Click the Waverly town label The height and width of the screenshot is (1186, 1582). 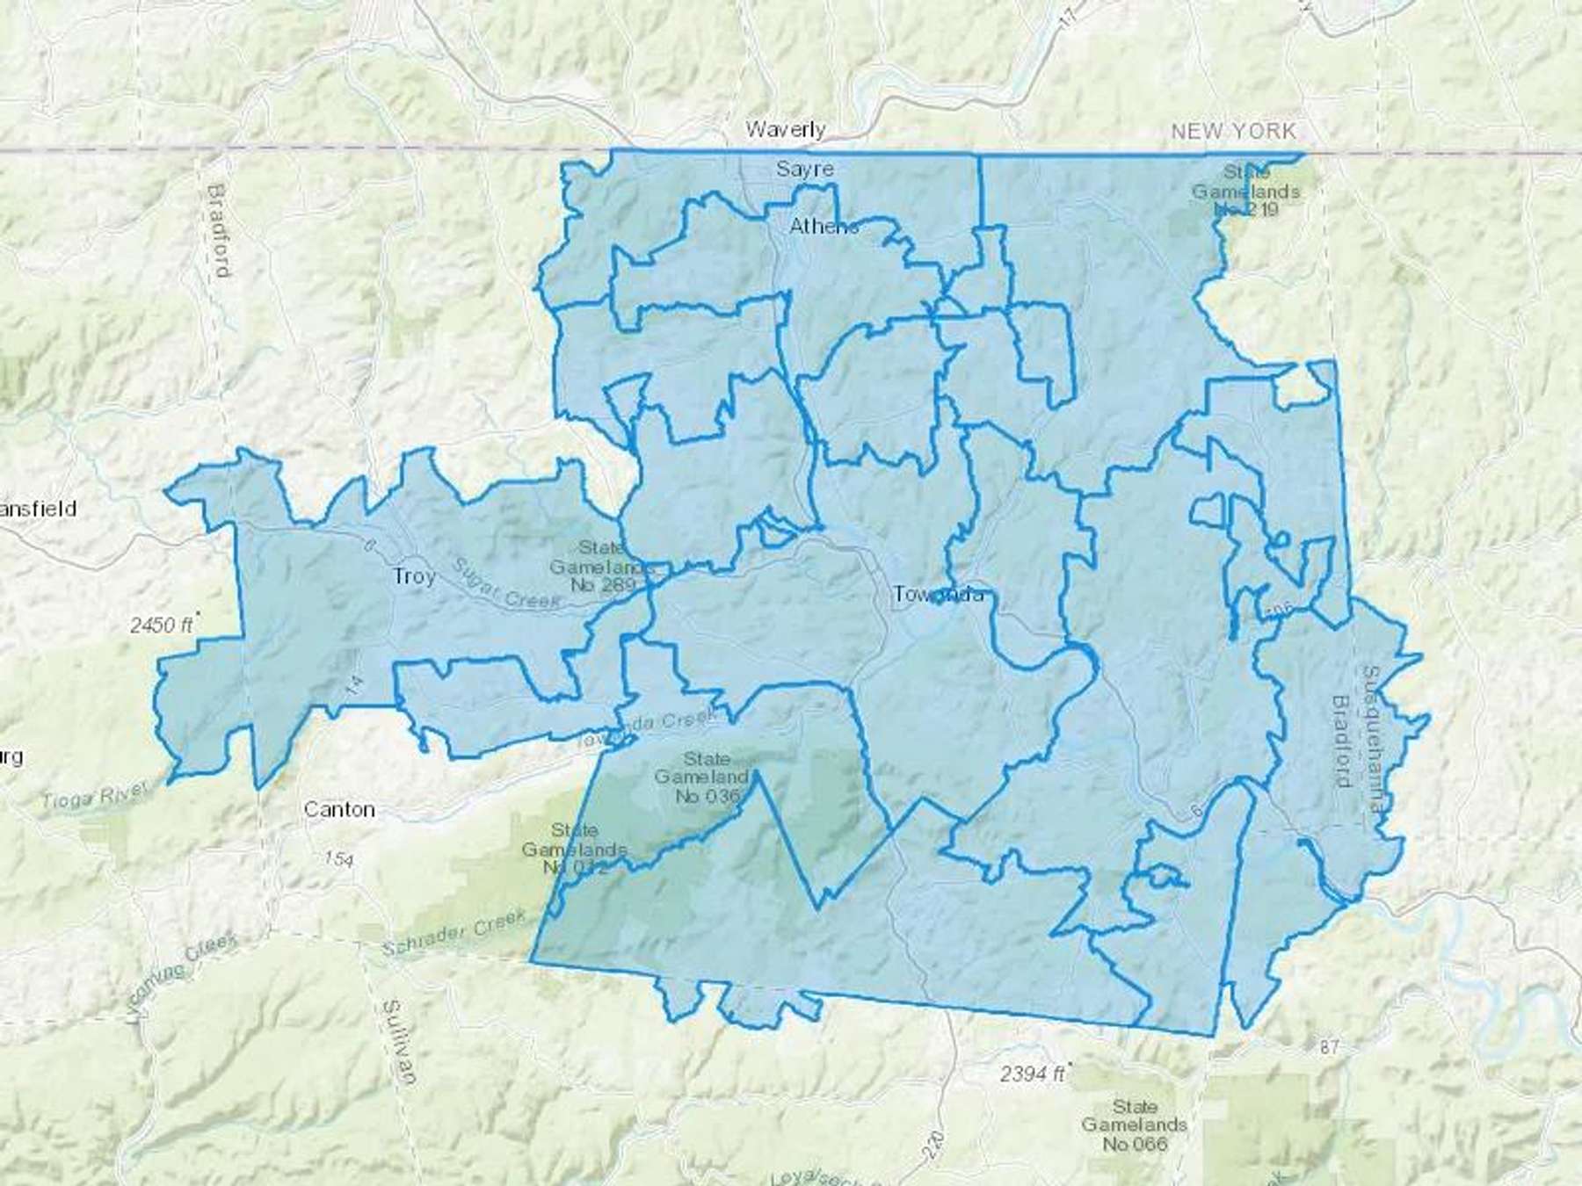tap(785, 130)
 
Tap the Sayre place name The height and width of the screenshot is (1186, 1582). tap(804, 168)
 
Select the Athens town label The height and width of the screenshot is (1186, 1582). tap(824, 226)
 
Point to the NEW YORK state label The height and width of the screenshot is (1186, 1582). tap(1233, 131)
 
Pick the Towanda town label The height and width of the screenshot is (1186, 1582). tap(937, 595)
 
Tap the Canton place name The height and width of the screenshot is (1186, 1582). tap(339, 809)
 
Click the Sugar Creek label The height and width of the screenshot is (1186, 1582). tap(507, 582)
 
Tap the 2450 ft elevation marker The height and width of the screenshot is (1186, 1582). tap(162, 626)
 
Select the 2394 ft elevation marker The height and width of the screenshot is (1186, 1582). tap(1032, 1074)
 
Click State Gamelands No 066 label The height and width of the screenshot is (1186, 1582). tap(1134, 1125)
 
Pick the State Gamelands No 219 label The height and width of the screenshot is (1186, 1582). tap(1245, 191)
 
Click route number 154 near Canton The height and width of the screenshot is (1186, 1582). tap(337, 858)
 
